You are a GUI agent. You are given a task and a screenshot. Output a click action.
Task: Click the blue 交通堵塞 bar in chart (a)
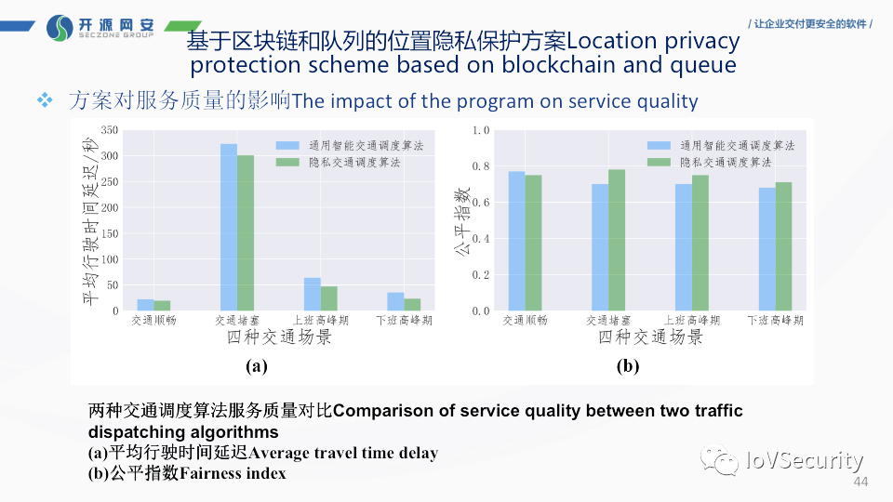tap(229, 228)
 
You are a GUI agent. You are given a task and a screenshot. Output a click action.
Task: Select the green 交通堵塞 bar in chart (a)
tap(246, 233)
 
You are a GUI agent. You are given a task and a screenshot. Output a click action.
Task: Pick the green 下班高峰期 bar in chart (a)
tap(413, 305)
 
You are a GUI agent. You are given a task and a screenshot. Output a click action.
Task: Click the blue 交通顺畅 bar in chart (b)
tap(516, 242)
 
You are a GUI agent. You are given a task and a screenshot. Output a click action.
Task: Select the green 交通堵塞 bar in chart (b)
tap(617, 240)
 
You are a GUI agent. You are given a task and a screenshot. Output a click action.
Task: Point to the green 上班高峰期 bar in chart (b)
tap(700, 244)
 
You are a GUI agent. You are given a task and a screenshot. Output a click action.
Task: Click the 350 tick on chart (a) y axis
tap(110, 130)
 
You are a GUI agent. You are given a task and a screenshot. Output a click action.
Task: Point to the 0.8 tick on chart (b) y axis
tap(480, 166)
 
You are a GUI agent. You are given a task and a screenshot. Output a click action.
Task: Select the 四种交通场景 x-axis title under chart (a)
tap(279, 337)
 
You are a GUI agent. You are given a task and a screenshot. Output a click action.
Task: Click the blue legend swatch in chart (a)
tap(288, 146)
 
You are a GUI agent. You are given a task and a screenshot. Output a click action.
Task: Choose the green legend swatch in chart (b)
tap(659, 163)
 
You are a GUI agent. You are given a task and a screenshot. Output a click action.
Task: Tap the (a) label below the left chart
tap(257, 366)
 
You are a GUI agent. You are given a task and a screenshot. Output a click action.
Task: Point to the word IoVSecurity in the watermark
tap(804, 460)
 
